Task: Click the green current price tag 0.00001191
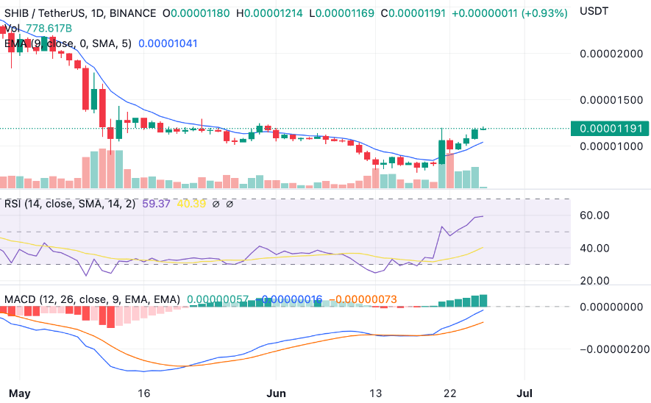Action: point(612,128)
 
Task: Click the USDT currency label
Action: point(594,11)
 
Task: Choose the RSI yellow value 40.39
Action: point(191,204)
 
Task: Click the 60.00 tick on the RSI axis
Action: point(594,215)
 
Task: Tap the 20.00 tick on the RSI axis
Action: point(594,281)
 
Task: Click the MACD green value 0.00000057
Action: point(218,300)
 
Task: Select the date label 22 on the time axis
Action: point(450,392)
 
